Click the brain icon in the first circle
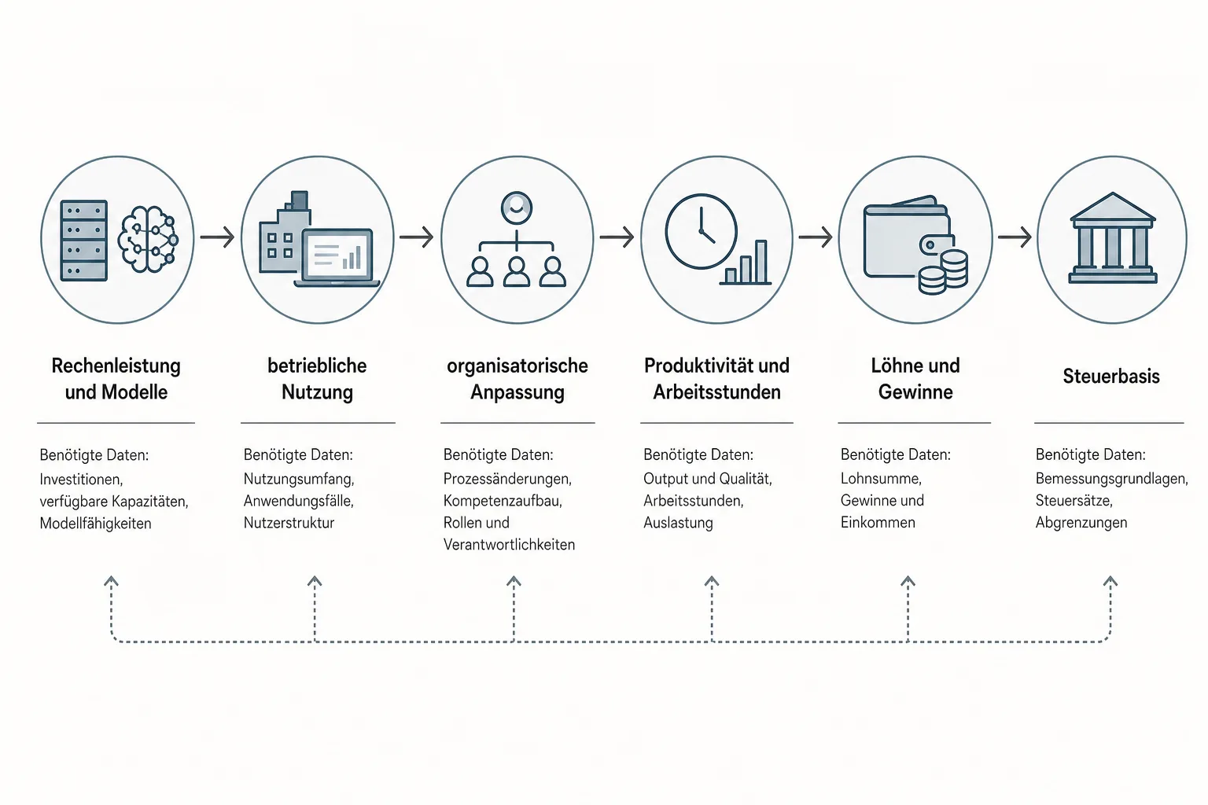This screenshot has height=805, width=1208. pyautogui.click(x=148, y=238)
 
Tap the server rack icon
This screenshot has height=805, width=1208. pyautogui.click(x=84, y=241)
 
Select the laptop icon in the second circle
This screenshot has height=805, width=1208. pyautogui.click(x=337, y=258)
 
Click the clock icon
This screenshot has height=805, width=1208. pyautogui.click(x=701, y=231)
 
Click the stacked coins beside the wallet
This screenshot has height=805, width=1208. pyautogui.click(x=944, y=272)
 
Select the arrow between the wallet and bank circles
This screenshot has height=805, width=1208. pyautogui.click(x=1015, y=237)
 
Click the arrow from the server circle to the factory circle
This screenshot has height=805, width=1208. pyautogui.click(x=217, y=237)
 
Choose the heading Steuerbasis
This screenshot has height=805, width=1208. pyautogui.click(x=1111, y=377)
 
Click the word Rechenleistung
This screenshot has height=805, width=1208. pyautogui.click(x=116, y=366)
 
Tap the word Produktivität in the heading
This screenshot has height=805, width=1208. pyautogui.click(x=692, y=366)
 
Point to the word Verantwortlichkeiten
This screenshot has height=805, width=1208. pyautogui.click(x=509, y=545)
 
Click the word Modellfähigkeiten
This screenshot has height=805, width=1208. pyautogui.click(x=95, y=524)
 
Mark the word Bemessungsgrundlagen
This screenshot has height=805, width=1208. pyautogui.click(x=1111, y=480)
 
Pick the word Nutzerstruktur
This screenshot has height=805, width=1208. pyautogui.click(x=289, y=523)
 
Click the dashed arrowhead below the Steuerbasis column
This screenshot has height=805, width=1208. pyautogui.click(x=1110, y=581)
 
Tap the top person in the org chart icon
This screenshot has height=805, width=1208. pyautogui.click(x=516, y=208)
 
